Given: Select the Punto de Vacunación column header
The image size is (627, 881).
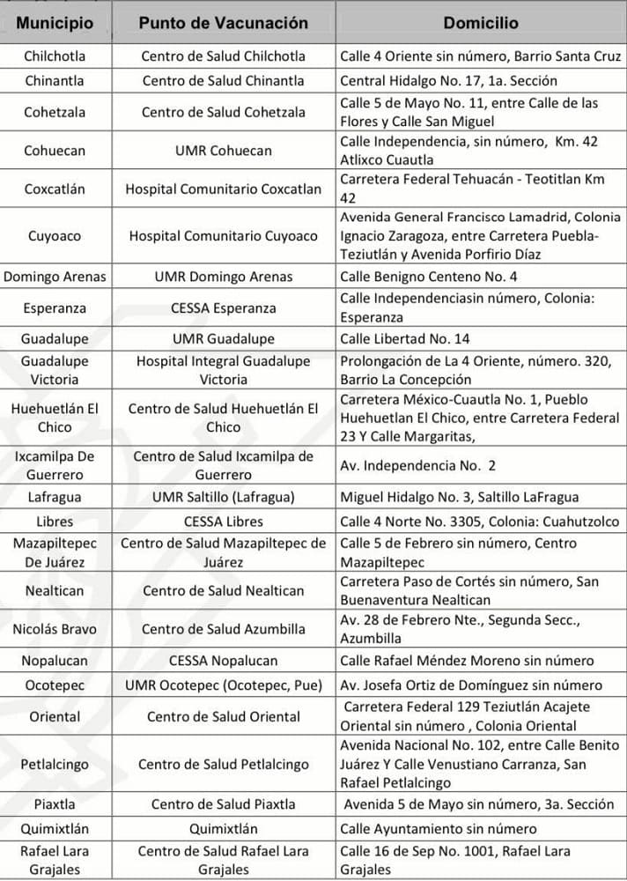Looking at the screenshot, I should (x=224, y=23).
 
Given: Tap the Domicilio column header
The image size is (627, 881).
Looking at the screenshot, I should (x=480, y=23).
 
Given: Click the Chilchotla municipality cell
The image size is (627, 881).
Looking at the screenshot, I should (x=55, y=56).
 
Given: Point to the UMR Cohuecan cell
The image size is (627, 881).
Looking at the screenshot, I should (x=224, y=151).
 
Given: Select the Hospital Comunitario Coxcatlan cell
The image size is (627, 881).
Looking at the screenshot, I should (x=224, y=189).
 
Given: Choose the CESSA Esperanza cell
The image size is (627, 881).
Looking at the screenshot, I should (x=224, y=308).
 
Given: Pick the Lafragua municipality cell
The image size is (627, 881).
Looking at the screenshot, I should (x=55, y=497).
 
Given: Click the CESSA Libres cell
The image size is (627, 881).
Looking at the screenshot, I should (x=224, y=522).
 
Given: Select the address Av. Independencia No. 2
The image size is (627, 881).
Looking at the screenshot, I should (x=418, y=465).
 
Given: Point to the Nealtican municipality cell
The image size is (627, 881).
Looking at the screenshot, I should (x=55, y=591).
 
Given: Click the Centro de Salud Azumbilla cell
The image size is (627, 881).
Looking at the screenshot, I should (x=224, y=629).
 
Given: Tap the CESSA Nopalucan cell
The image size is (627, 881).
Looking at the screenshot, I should (x=224, y=661).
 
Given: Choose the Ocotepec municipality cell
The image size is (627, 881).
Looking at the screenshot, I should (x=55, y=685).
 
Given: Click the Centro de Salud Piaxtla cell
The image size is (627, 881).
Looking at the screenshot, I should (x=224, y=804).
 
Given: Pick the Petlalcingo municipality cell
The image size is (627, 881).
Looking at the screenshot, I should (x=55, y=764).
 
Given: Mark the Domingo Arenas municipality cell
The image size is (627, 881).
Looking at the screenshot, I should (x=55, y=277).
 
